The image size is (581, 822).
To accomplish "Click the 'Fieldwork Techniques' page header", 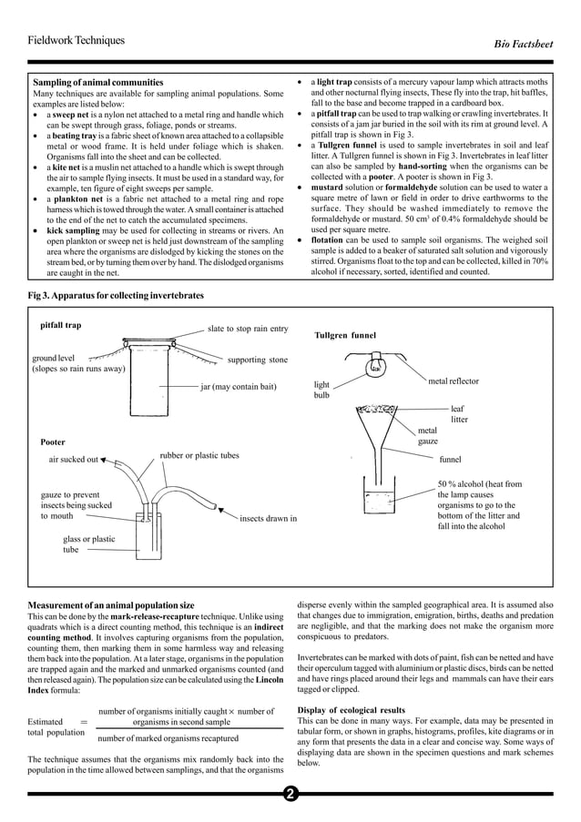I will [x=76, y=40].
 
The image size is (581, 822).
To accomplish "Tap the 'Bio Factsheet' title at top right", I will [x=521, y=43].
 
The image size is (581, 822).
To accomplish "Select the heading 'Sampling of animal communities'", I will [x=98, y=83].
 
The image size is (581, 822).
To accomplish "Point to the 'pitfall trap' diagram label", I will [x=61, y=325].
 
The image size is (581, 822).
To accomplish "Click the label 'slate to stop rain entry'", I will [x=248, y=329].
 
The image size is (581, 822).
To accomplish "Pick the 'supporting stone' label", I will [x=257, y=360].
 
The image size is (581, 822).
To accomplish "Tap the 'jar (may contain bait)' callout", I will [x=238, y=387].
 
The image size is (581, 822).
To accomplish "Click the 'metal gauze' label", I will [x=428, y=436].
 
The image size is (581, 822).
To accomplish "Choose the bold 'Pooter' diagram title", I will [x=53, y=441].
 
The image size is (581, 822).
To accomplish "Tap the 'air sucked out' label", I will [x=73, y=460].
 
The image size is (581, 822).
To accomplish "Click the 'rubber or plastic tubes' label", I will [x=199, y=455].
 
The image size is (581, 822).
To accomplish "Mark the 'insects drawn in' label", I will [x=268, y=519].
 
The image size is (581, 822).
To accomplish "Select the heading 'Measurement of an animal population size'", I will [x=111, y=605].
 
